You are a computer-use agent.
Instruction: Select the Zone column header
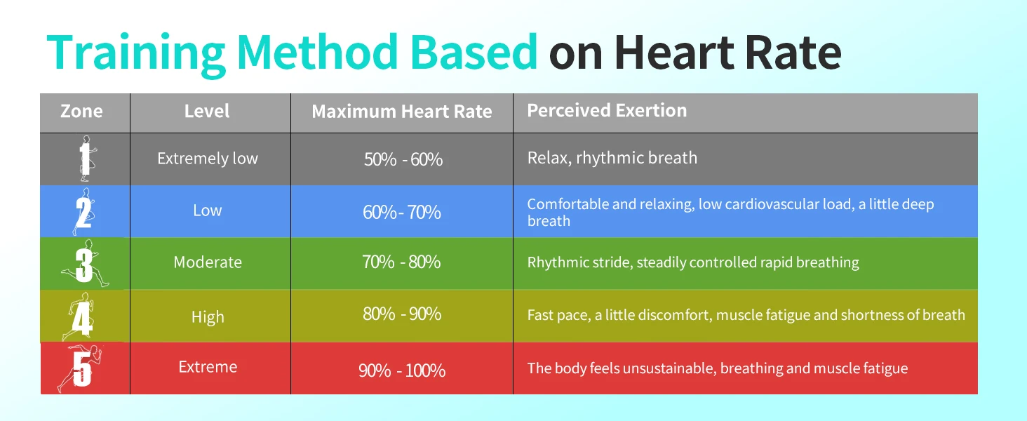(x=81, y=111)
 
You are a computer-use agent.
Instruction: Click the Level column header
(x=207, y=111)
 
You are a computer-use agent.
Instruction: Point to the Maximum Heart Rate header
(x=402, y=112)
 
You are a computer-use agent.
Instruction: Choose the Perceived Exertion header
(x=607, y=110)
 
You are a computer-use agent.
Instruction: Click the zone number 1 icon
(x=85, y=159)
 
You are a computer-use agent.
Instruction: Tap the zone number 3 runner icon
(x=84, y=265)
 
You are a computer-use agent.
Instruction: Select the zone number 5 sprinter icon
(x=81, y=369)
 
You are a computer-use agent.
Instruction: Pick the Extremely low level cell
(x=208, y=159)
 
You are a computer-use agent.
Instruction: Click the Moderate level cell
(x=208, y=262)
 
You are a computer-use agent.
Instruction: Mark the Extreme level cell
(x=208, y=367)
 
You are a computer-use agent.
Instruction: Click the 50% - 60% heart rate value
(x=403, y=159)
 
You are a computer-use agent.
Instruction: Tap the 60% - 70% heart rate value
(x=402, y=212)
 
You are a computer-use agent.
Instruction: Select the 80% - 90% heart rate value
(x=402, y=314)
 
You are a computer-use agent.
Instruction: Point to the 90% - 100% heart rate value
(x=402, y=370)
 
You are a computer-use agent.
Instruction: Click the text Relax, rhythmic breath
(x=612, y=158)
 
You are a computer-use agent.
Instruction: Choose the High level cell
(x=208, y=317)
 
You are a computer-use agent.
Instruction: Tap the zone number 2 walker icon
(x=83, y=212)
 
